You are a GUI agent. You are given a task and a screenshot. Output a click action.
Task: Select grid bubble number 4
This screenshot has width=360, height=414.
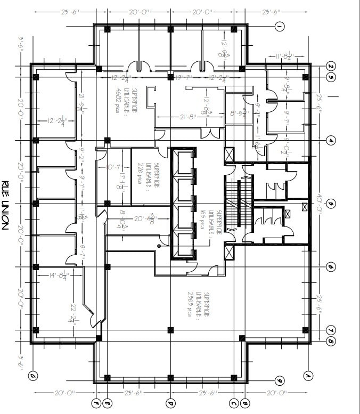coord(331,141)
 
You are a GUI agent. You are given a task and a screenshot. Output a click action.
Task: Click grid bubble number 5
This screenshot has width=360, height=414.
coord(331,204)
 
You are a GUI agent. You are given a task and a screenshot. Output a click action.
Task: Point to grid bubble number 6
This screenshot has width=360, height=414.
coord(331,266)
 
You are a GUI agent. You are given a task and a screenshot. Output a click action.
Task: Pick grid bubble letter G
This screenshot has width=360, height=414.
coord(33,377)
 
